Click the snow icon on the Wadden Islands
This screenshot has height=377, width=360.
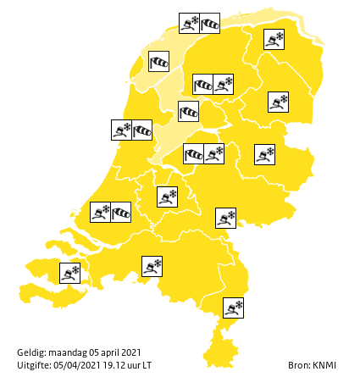tap(189, 23)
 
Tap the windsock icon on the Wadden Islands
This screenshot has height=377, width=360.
tap(209, 23)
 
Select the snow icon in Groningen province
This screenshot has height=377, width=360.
tap(274, 39)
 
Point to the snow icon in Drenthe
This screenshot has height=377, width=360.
tap(278, 103)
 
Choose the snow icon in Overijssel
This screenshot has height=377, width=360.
tap(265, 154)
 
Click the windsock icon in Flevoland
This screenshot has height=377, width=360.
tap(193, 153)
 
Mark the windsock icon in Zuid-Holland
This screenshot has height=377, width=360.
tap(121, 212)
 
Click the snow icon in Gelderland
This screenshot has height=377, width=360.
tap(225, 218)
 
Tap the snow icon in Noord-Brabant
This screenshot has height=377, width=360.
tap(152, 267)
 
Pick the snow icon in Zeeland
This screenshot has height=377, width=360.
tap(70, 273)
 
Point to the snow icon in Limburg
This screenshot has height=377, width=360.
tap(233, 307)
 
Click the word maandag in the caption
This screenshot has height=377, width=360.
tap(67, 352)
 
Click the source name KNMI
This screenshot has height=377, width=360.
tap(324, 364)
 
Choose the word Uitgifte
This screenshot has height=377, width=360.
tap(34, 364)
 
